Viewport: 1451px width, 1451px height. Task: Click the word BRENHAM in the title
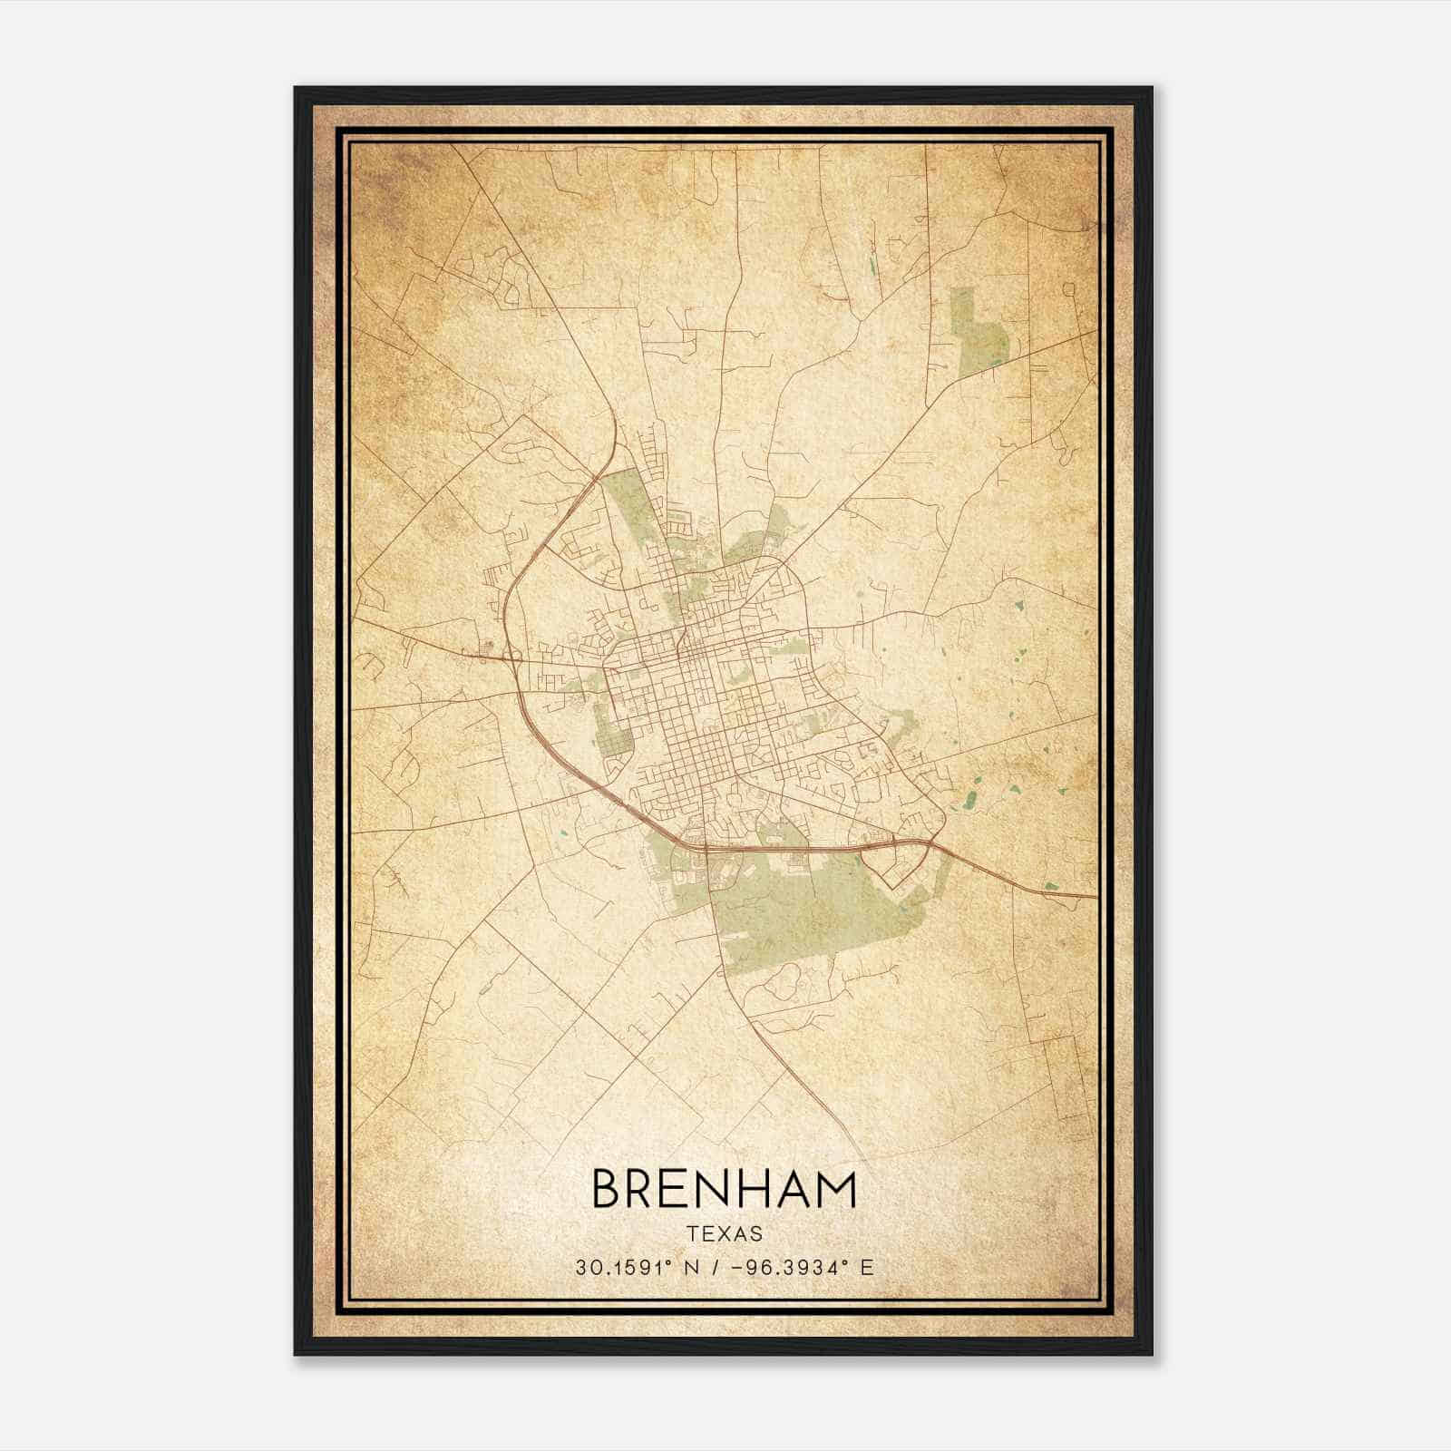(x=724, y=1189)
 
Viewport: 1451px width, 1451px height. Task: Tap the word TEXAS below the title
(x=725, y=1234)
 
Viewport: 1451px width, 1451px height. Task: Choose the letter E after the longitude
(x=867, y=1268)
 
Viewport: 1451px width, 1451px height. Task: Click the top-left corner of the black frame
(x=296, y=88)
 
